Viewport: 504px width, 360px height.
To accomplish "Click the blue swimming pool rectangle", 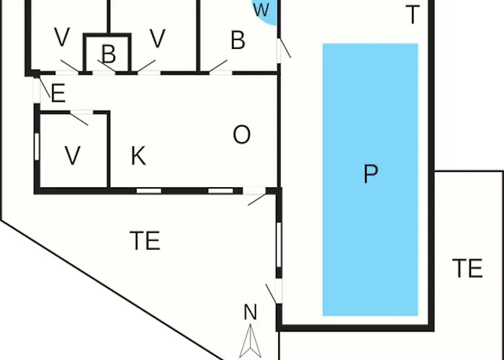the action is pyautogui.click(x=370, y=179).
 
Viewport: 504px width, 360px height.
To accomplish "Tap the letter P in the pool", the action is pyautogui.click(x=371, y=174).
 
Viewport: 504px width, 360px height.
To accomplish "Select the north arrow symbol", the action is pyautogui.click(x=250, y=341).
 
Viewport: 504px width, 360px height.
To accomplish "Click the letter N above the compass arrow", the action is pyautogui.click(x=251, y=312).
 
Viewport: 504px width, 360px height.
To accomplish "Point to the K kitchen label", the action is pyautogui.click(x=139, y=156).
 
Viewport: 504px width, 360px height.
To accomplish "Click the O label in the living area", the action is pyautogui.click(x=242, y=135).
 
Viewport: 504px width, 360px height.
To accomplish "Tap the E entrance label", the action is pyautogui.click(x=58, y=93).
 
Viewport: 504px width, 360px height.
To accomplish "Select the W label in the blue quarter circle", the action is pyautogui.click(x=261, y=9).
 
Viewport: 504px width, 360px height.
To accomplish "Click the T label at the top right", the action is pyautogui.click(x=413, y=15).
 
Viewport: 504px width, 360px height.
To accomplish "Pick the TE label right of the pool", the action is pyautogui.click(x=467, y=268).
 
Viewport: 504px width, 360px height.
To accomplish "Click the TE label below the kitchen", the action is pyautogui.click(x=145, y=240).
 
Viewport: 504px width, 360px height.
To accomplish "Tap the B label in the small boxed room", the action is pyautogui.click(x=109, y=54).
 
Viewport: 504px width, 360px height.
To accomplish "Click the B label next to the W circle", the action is pyautogui.click(x=238, y=40).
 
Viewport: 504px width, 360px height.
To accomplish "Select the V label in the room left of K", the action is pyautogui.click(x=73, y=156).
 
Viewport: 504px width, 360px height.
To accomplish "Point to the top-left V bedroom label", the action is pyautogui.click(x=62, y=37).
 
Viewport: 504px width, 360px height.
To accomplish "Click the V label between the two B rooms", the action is pyautogui.click(x=158, y=39).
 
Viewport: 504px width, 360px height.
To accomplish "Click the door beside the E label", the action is pyautogui.click(x=37, y=91).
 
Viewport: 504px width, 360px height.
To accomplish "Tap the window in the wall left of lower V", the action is pyautogui.click(x=37, y=147).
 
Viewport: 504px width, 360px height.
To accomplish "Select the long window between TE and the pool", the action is pyautogui.click(x=279, y=245).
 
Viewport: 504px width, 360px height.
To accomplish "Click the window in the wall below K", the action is pyautogui.click(x=149, y=191).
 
